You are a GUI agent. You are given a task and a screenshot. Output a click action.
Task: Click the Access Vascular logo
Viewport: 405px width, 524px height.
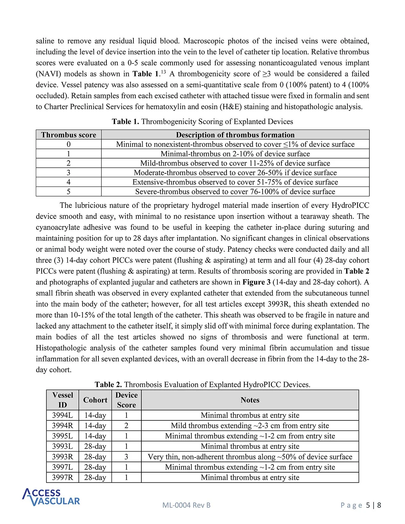pos(51,497)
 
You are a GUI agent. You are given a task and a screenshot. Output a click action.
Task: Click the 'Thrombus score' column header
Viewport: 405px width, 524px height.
pos(69,135)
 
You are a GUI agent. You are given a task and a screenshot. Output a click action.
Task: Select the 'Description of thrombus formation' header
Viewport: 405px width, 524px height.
pos(235,135)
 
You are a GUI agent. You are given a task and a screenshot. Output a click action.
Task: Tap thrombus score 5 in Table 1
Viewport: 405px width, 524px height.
pos(69,192)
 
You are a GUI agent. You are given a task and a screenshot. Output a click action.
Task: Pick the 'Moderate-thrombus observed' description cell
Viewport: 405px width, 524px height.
pos(235,173)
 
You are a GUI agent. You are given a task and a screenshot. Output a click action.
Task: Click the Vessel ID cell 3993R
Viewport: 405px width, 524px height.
pos(63,457)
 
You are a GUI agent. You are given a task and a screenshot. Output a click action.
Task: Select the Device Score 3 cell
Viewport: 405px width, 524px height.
pos(126,457)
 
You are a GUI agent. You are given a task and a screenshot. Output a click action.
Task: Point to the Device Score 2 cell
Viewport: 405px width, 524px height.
pos(126,426)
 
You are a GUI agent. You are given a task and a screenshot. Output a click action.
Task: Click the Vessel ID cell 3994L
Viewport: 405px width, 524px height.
pos(63,415)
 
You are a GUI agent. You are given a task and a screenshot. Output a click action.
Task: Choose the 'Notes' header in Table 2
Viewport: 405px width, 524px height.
pos(250,400)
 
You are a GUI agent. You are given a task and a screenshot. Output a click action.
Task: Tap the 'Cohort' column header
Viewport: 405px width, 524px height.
pos(95,400)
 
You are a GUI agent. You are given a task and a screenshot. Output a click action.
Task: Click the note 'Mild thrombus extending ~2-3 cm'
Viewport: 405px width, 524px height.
pos(250,426)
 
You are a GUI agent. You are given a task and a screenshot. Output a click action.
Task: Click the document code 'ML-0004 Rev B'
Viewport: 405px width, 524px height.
pos(186,505)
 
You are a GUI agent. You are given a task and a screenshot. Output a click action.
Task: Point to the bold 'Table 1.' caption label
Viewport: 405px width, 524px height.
pos(125,122)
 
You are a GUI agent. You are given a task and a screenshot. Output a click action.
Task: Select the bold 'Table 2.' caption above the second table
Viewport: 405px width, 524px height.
pos(108,385)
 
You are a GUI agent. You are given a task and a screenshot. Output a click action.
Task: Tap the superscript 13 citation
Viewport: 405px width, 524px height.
pos(163,72)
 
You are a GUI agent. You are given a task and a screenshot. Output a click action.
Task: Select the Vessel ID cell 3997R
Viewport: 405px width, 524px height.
pos(63,478)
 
